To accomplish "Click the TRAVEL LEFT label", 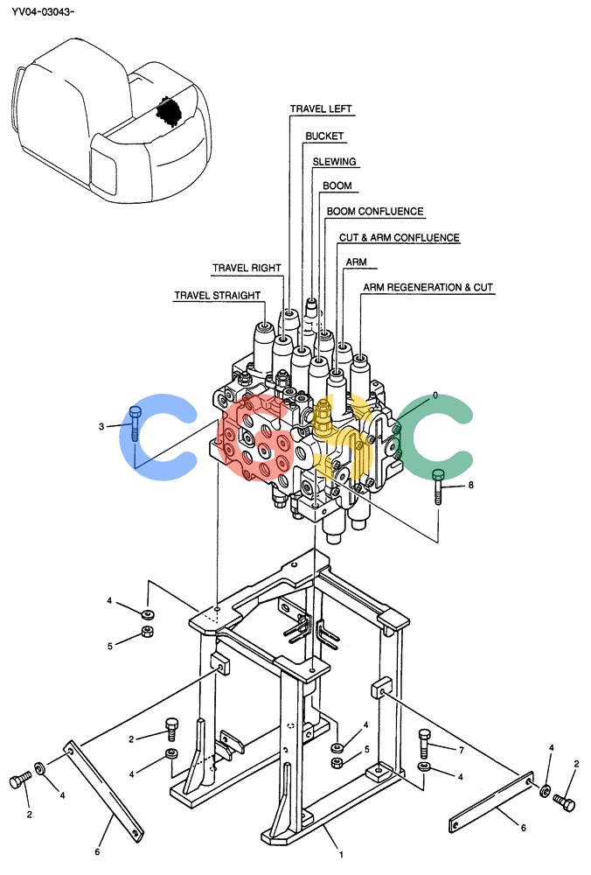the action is (x=321, y=108).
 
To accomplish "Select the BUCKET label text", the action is (x=324, y=136).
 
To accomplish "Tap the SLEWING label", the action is (x=334, y=161).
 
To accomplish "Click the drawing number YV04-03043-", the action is (x=43, y=10).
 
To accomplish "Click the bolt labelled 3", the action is (x=135, y=423).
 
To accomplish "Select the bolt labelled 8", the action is (x=439, y=486).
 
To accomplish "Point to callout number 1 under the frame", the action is (x=341, y=854).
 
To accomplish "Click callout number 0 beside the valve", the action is (x=435, y=395).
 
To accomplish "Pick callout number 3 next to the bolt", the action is (x=101, y=427).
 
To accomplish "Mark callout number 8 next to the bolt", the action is (x=470, y=485).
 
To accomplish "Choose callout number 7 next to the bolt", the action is (x=461, y=750).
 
